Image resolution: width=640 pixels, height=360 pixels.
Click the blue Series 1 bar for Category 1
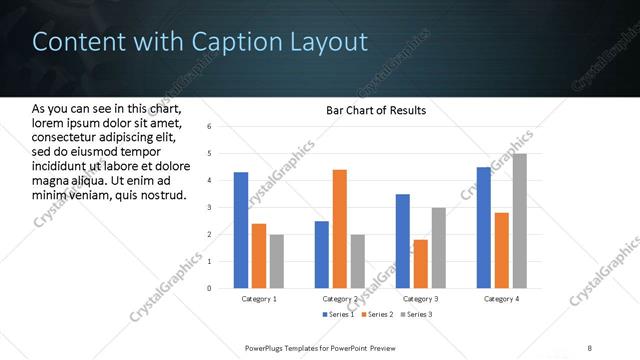241,230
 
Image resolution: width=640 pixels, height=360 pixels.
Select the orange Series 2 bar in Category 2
339,229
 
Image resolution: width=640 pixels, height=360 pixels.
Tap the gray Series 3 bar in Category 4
519,221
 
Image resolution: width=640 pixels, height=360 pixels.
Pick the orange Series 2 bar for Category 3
420,264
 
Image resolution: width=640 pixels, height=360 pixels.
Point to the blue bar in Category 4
483,227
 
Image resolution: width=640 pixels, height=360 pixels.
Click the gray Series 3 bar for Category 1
277,261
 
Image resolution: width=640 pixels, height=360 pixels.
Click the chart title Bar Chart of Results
376,110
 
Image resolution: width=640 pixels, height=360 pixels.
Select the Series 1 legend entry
337,315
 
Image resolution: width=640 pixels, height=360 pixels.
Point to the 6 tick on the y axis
209,127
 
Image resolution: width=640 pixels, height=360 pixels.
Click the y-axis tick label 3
209,207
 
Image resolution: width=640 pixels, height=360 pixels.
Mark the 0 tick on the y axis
209,288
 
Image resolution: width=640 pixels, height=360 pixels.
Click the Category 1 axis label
259,299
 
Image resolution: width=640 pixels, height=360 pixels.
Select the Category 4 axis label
501,299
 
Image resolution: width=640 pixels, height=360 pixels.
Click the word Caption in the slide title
204,42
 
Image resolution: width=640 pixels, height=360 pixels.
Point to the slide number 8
589,348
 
